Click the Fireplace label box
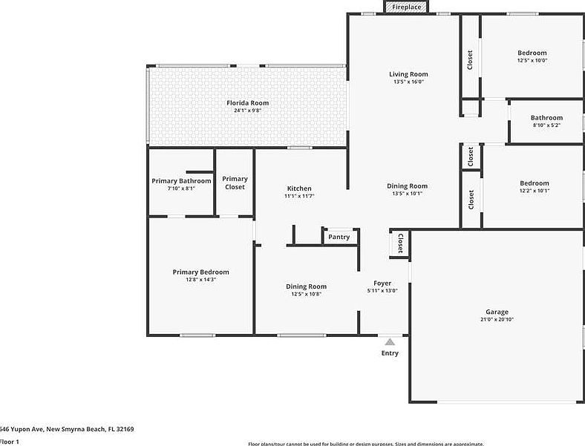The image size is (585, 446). (x=407, y=7)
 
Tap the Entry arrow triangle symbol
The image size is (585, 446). (x=390, y=342)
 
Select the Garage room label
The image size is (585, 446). (x=497, y=312)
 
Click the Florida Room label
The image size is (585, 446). (x=247, y=103)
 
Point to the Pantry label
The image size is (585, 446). (x=339, y=237)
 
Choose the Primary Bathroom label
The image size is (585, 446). (x=181, y=181)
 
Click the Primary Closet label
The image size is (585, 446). (x=235, y=183)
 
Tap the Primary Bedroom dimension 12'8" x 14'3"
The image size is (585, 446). (x=200, y=280)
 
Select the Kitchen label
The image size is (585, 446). (x=299, y=188)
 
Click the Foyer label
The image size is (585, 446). (x=382, y=283)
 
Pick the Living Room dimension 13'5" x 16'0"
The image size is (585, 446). (x=408, y=82)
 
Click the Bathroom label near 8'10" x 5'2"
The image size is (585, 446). (x=546, y=117)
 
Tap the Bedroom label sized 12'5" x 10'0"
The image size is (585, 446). (x=532, y=53)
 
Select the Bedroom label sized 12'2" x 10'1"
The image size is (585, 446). (x=535, y=183)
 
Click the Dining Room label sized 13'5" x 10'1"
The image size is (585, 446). (x=408, y=186)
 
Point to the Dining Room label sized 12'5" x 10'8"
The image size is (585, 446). (x=307, y=286)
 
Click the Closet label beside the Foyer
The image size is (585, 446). (x=400, y=243)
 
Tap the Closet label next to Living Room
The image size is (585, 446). (x=470, y=59)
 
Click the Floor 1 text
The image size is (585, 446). (x=10, y=442)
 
